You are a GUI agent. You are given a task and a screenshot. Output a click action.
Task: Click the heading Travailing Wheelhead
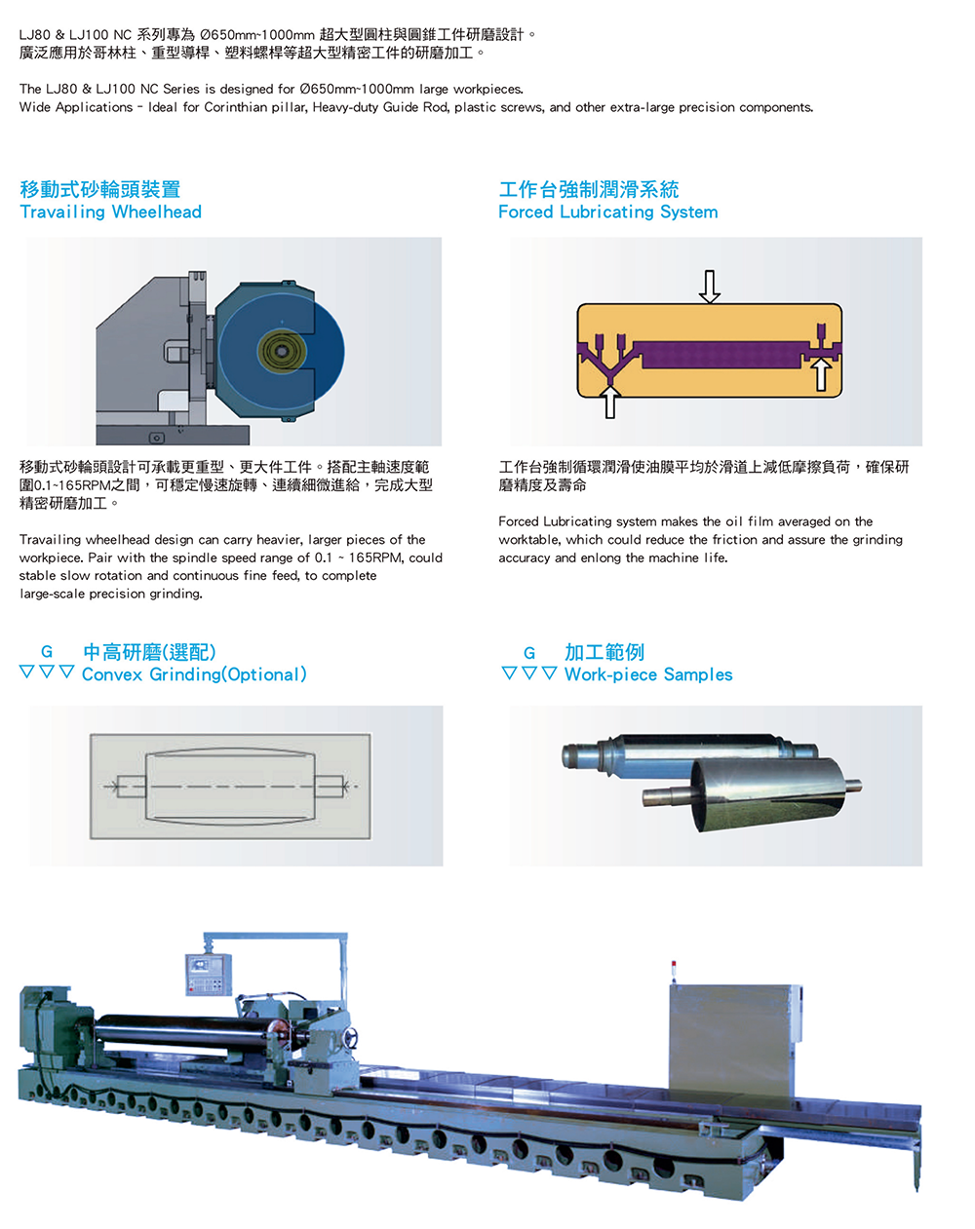[110, 211]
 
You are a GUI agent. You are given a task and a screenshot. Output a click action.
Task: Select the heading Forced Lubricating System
[607, 211]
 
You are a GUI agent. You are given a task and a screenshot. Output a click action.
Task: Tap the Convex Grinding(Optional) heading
[194, 674]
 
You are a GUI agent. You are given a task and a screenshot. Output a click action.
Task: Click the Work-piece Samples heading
[648, 674]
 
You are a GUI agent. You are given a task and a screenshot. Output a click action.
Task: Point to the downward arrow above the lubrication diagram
[709, 287]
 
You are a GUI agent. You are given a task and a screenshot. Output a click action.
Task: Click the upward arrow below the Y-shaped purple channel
[609, 403]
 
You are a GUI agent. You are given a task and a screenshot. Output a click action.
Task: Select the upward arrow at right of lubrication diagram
[821, 374]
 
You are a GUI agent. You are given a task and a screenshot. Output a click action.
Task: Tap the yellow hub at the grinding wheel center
[282, 351]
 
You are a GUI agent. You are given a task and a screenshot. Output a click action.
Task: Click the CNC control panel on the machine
[209, 975]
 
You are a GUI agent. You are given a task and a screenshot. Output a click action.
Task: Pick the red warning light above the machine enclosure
[674, 965]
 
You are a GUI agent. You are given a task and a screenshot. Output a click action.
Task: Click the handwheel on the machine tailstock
[350, 1037]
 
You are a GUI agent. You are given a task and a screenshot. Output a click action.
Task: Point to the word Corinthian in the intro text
[236, 107]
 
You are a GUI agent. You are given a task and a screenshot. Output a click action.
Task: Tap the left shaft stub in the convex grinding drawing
[131, 787]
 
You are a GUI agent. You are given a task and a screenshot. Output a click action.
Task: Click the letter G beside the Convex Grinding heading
[47, 652]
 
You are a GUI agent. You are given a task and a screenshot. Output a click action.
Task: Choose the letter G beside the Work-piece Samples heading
[529, 653]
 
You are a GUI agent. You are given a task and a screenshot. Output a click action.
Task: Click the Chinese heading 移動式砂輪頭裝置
[100, 189]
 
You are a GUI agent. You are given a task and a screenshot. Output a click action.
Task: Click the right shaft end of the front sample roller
[853, 786]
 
